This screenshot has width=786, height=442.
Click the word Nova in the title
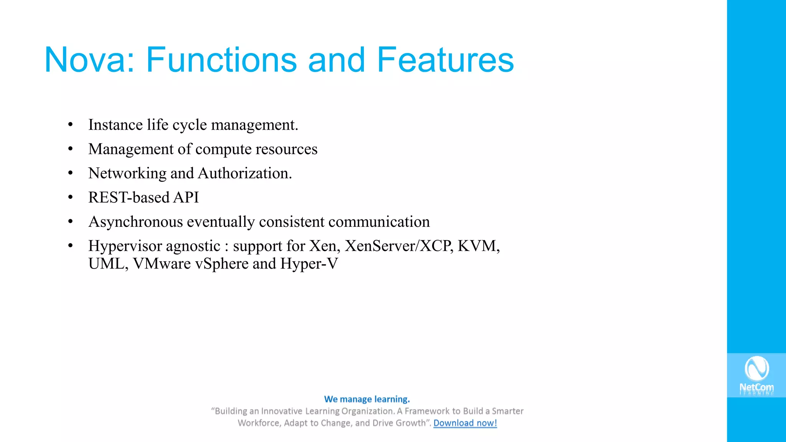(x=89, y=60)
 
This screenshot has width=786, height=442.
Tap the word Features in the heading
(x=445, y=60)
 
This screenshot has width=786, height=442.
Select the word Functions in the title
(x=221, y=60)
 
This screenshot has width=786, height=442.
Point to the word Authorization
(x=245, y=173)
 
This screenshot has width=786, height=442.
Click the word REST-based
(x=129, y=198)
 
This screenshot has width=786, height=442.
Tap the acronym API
(x=186, y=198)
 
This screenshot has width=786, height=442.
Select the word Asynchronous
(x=135, y=222)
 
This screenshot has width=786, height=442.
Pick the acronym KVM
(x=478, y=246)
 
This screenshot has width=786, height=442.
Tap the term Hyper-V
(x=309, y=264)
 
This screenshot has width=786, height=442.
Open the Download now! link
(x=465, y=423)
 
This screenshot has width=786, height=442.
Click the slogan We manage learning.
(x=367, y=399)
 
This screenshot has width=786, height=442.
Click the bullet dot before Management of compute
(x=70, y=149)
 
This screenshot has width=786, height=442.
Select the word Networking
(x=127, y=173)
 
